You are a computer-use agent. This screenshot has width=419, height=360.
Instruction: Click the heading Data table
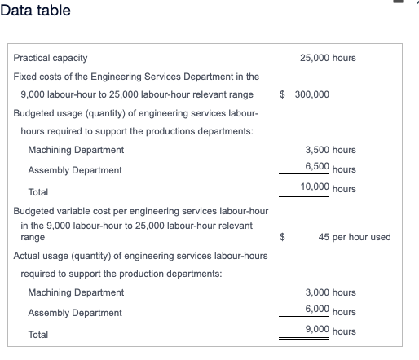click(35, 11)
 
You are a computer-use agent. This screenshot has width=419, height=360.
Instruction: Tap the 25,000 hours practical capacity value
click(328, 59)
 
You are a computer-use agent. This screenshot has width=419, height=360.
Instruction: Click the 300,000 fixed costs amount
click(311, 94)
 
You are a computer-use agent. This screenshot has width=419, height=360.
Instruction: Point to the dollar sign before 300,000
click(282, 94)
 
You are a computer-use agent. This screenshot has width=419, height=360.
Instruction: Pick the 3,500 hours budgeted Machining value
click(330, 150)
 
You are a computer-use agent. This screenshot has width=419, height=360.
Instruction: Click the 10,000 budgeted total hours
click(330, 187)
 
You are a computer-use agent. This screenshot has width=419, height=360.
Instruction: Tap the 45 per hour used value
click(355, 237)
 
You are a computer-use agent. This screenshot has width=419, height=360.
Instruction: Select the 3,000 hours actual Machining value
click(330, 292)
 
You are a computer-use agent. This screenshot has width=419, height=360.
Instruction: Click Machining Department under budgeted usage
click(76, 150)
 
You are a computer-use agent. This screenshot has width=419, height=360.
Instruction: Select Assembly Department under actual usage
click(75, 313)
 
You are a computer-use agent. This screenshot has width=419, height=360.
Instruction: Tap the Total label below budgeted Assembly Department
click(37, 191)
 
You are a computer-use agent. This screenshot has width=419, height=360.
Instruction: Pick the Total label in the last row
click(37, 334)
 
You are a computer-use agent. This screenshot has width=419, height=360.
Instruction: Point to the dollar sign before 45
click(282, 237)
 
